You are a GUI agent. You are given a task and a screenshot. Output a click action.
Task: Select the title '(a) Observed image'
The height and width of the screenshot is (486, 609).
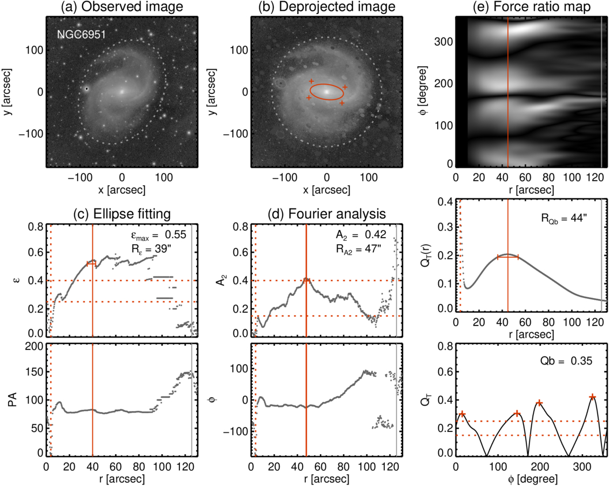[122, 7]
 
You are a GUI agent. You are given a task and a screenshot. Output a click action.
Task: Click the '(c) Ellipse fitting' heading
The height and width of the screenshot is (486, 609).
[122, 213]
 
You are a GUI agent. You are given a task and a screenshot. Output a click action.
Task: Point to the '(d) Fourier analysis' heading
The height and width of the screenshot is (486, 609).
[327, 213]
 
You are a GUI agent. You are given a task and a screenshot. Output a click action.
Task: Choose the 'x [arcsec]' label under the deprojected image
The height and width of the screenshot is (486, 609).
[327, 190]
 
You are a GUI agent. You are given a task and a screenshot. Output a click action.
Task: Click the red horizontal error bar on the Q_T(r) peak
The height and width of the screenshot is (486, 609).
[508, 257]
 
